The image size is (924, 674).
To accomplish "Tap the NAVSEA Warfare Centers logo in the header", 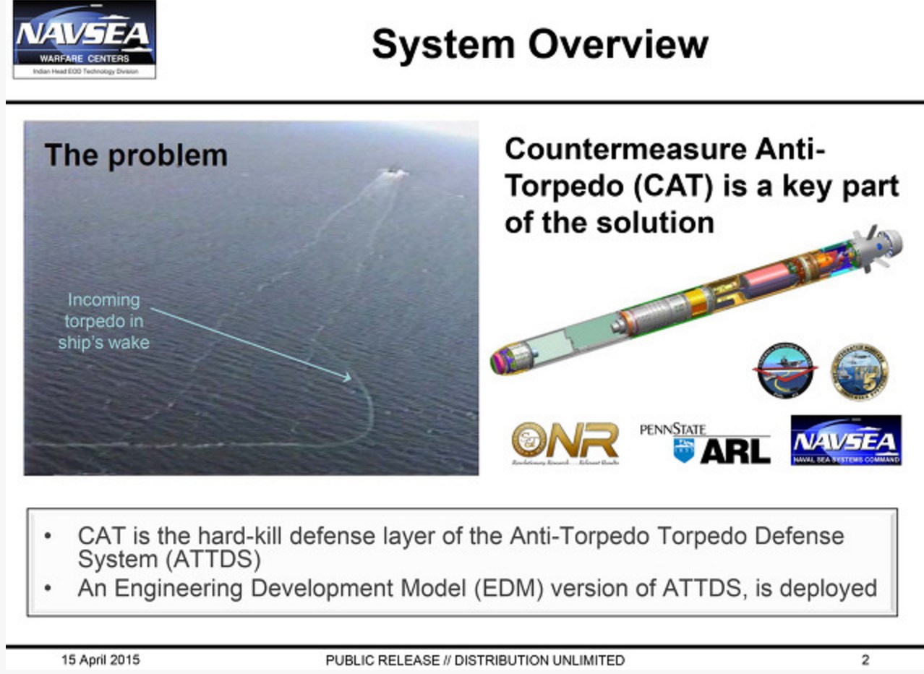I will [x=84, y=39].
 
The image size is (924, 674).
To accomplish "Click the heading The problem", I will [x=136, y=155].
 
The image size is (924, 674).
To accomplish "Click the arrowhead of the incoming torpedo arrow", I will [x=347, y=377].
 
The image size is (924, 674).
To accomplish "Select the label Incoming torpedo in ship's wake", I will [x=103, y=321].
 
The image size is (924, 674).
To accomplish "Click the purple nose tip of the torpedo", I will [x=498, y=359].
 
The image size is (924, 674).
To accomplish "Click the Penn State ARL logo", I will [x=705, y=443].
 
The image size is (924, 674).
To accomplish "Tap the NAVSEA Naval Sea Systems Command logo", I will [x=845, y=440].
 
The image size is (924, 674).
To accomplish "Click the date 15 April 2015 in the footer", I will [x=100, y=660].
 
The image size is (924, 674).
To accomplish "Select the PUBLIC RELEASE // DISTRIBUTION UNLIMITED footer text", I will [x=475, y=660].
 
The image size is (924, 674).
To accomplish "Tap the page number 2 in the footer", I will [x=865, y=660].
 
